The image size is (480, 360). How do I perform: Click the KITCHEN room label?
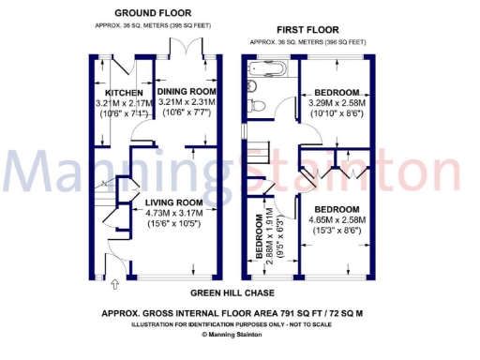124,92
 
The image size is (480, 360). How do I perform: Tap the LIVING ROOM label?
174,202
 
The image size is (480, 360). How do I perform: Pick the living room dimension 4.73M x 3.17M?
175,213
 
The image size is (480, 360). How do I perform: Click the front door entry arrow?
113,284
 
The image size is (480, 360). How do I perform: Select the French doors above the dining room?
179,46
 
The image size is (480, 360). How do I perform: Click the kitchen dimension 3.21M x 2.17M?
124,102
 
